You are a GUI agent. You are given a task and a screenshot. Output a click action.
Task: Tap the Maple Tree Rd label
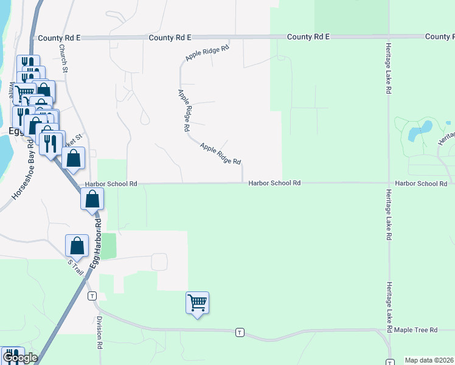415,330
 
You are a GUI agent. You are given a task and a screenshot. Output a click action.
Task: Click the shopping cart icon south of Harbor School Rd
197,302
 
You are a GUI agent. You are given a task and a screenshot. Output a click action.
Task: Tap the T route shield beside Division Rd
92,296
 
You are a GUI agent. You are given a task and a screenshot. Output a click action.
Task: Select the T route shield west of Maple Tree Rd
240,332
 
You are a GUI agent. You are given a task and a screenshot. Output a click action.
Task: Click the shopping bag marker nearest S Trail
77,246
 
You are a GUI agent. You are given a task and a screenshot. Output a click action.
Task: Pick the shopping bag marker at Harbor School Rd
92,198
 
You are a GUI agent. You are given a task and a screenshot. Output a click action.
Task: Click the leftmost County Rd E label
59,38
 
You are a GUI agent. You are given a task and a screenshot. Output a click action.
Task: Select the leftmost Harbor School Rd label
111,183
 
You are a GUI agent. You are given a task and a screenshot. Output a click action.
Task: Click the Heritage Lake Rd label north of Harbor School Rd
387,68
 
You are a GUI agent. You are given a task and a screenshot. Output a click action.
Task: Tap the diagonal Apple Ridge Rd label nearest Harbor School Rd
220,154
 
